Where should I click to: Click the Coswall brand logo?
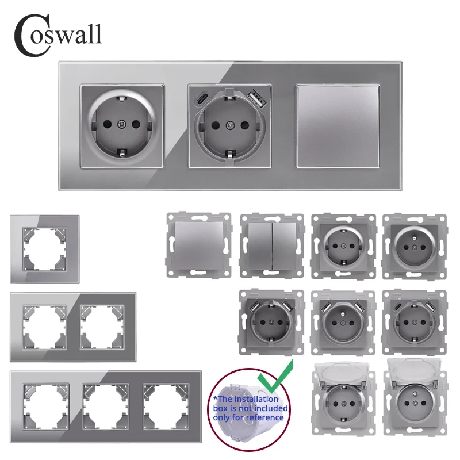coord(57,33)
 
